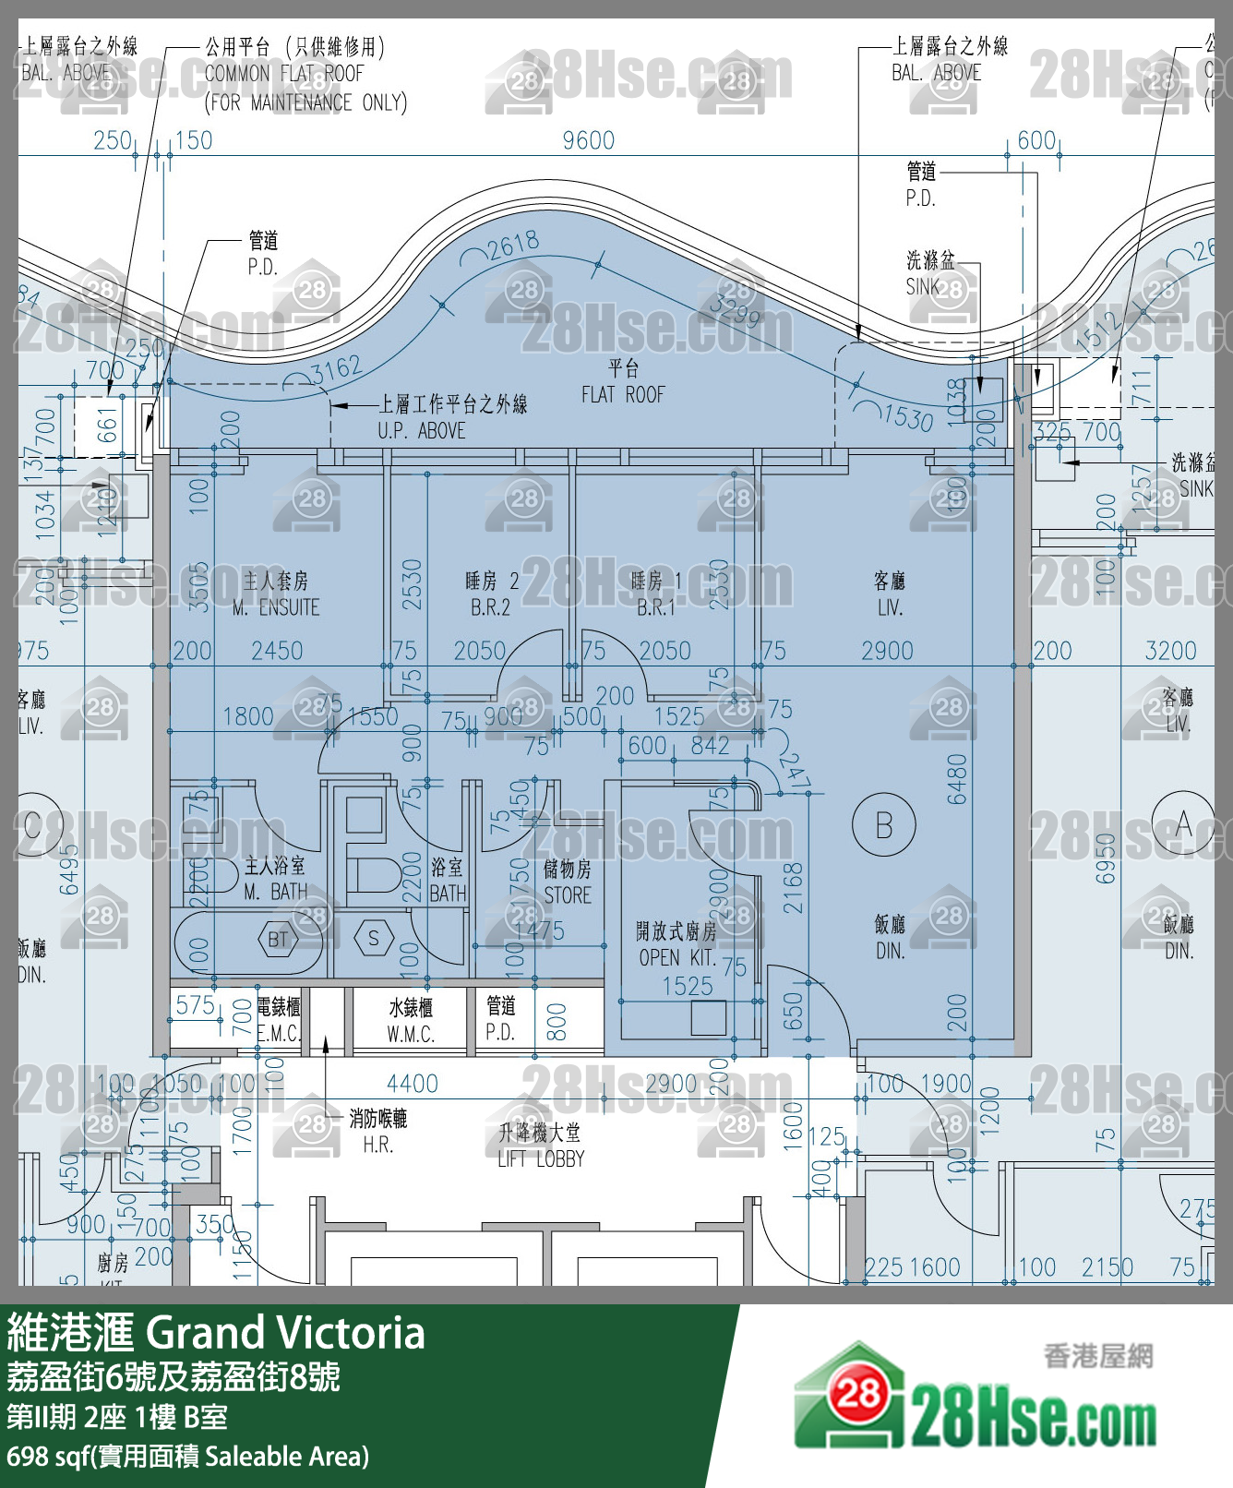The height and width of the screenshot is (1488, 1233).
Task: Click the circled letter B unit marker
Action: point(883,824)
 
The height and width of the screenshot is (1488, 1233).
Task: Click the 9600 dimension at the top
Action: point(588,140)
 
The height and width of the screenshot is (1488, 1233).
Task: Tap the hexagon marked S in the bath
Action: point(373,939)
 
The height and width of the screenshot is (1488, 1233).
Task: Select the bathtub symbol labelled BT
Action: point(278,940)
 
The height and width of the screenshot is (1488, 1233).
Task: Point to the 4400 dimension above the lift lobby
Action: point(412,1083)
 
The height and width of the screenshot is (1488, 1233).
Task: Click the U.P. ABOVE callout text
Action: point(422,430)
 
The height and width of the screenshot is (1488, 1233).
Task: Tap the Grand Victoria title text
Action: point(285,1333)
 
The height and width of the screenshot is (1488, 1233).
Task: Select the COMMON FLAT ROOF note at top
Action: point(284,74)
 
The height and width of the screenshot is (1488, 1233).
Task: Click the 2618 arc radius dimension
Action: point(513,246)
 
